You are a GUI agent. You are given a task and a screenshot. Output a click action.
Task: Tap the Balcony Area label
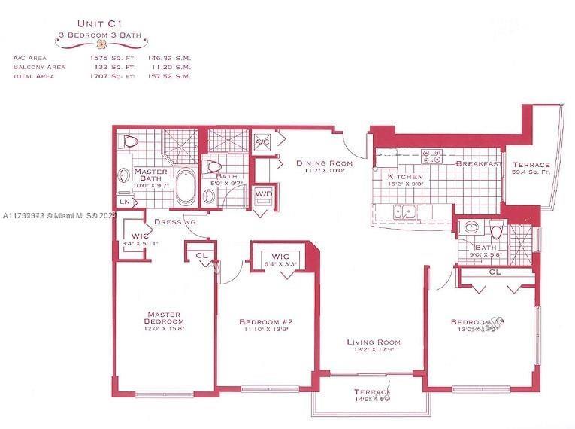pyautogui.click(x=39, y=66)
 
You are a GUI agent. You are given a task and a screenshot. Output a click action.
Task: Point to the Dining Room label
pyautogui.click(x=324, y=163)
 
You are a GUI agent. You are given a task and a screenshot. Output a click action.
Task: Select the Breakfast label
pyautogui.click(x=479, y=164)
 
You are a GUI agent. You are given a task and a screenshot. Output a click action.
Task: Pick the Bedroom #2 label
pyautogui.click(x=268, y=322)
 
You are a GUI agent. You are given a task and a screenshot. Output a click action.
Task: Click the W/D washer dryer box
pyautogui.click(x=265, y=193)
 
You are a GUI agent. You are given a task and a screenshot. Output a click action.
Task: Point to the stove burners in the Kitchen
pyautogui.click(x=431, y=157)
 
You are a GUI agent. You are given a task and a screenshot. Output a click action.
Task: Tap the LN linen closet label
pyautogui.click(x=124, y=201)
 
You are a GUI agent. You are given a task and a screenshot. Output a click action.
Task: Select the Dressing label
pyautogui.click(x=175, y=222)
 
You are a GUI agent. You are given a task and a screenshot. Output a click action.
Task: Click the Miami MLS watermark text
pyautogui.click(x=53, y=215)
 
